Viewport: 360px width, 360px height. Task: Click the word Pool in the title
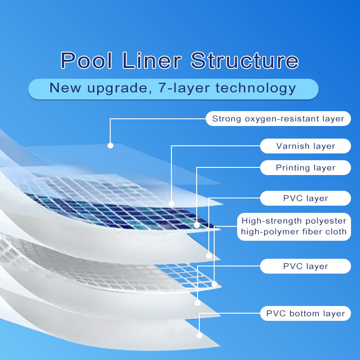(87, 61)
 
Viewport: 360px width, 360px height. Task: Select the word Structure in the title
(244, 61)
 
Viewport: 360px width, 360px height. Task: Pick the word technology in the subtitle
(255, 88)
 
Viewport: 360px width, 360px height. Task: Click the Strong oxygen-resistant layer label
(278, 119)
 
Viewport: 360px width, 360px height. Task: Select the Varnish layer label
(306, 146)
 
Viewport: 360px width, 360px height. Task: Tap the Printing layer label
(306, 168)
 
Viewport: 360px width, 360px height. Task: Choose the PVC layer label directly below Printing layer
(306, 198)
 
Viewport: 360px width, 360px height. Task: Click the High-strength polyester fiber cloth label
(294, 226)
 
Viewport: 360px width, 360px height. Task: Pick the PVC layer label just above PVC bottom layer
(306, 266)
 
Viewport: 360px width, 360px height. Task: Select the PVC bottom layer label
(306, 314)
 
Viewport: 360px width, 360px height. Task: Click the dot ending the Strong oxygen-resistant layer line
(110, 145)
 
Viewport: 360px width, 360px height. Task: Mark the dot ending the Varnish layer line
(171, 203)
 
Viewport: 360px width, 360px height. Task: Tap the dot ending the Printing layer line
(197, 225)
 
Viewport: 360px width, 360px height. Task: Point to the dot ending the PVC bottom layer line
(199, 335)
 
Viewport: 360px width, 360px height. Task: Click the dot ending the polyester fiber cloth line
(215, 284)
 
